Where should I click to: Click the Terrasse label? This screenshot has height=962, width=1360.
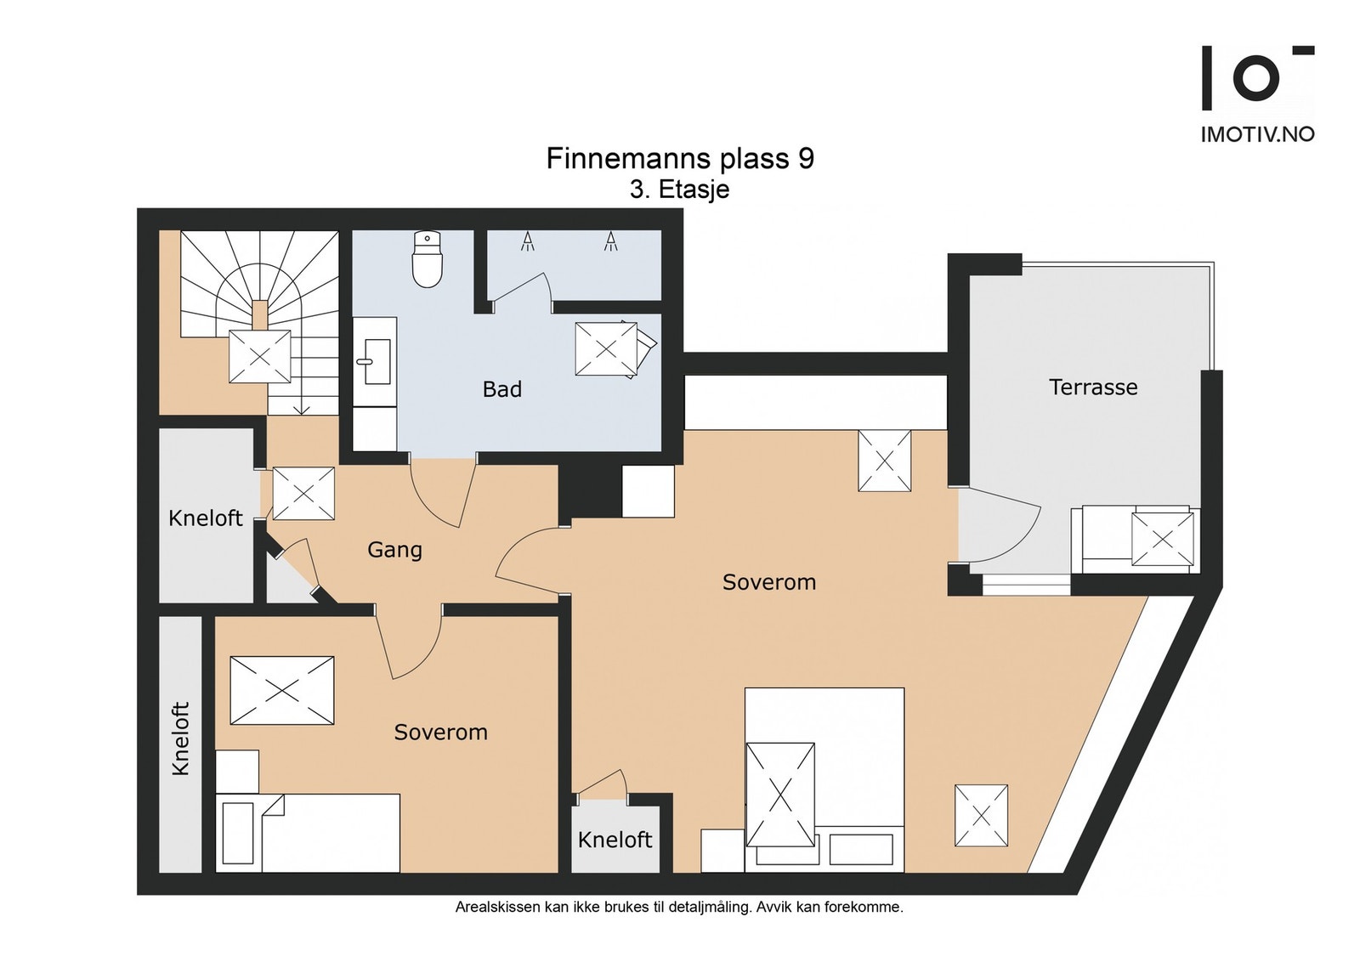(1093, 388)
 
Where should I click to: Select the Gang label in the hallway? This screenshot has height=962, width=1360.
(394, 550)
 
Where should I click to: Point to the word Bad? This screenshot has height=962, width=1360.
(502, 389)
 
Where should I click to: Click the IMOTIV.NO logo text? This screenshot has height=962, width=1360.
(1257, 135)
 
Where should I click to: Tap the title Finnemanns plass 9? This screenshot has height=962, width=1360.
(680, 158)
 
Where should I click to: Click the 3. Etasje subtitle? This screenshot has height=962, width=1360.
(679, 190)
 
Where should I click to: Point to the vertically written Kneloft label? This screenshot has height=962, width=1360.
(181, 738)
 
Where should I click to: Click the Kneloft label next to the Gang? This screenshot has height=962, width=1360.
(205, 518)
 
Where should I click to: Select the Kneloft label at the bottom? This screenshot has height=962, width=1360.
(615, 840)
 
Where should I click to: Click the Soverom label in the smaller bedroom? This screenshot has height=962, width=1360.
(441, 732)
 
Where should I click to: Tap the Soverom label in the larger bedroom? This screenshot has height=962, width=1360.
(769, 582)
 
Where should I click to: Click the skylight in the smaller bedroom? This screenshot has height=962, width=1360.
(281, 690)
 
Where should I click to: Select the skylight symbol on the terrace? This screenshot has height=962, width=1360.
(1163, 540)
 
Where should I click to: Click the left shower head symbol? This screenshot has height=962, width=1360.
(528, 241)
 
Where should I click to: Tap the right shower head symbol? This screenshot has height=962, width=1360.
(610, 241)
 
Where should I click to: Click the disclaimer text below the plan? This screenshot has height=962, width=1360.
(679, 908)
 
